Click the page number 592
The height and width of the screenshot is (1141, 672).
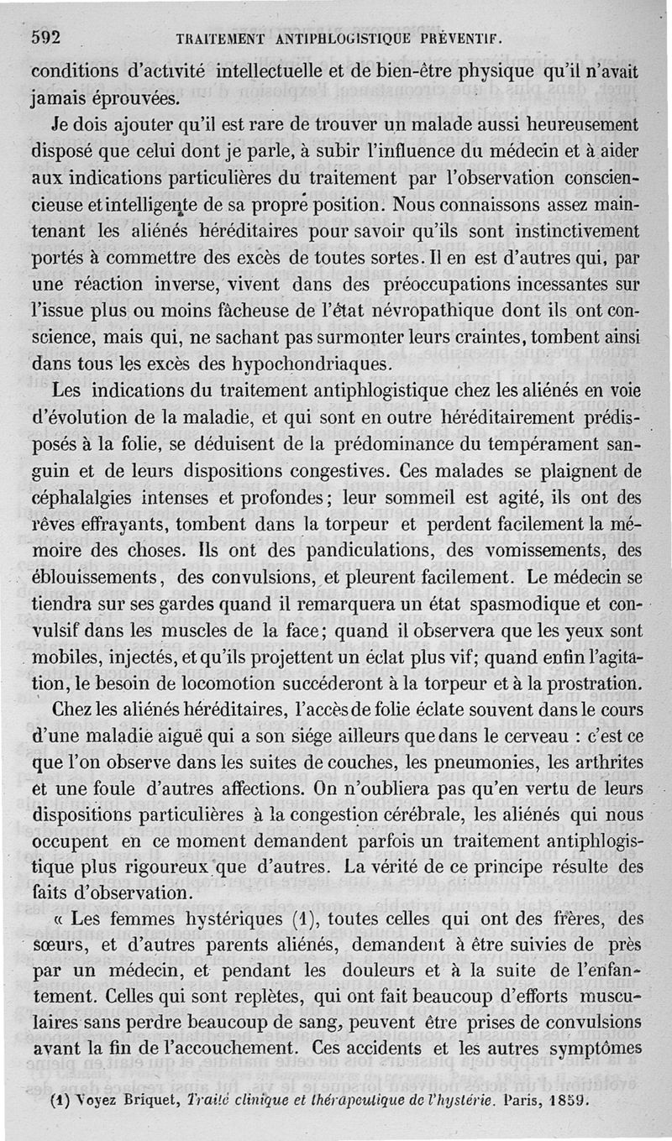(48, 36)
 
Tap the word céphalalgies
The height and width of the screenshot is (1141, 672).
(90, 496)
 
